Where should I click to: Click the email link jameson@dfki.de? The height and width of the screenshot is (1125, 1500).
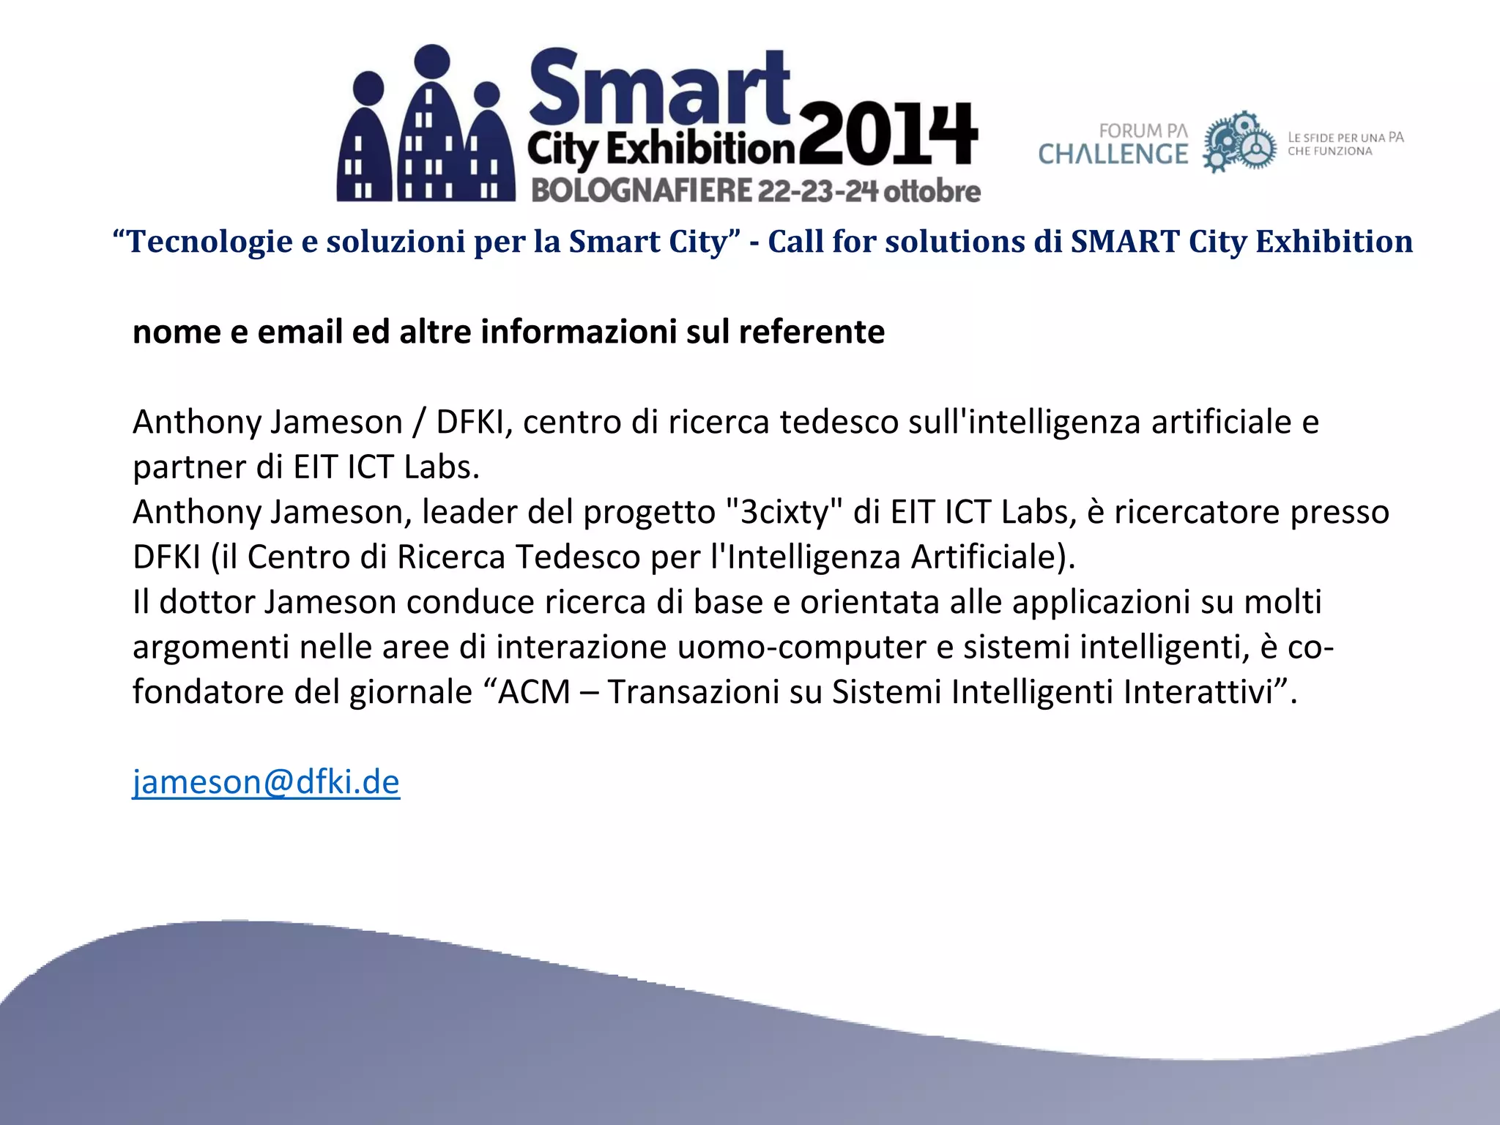click(266, 782)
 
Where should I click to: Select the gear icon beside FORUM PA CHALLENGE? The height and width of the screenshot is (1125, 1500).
click(1239, 142)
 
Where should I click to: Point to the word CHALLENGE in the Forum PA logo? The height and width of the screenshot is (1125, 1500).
click(1113, 155)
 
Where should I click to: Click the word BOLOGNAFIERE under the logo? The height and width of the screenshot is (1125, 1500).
click(642, 190)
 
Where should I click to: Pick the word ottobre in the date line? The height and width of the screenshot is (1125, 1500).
click(932, 191)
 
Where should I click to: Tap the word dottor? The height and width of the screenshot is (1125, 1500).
click(207, 602)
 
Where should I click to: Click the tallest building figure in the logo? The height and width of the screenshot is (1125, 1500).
click(433, 125)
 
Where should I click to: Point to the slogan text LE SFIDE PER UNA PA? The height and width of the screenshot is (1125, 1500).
click(1345, 138)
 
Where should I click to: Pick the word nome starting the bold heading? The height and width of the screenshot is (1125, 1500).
click(177, 332)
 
